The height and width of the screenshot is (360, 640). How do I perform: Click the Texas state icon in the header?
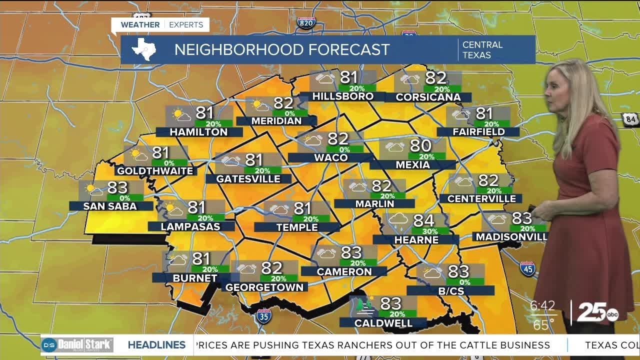143,49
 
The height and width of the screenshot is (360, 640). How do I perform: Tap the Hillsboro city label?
342,96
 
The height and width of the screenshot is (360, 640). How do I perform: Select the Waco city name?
330,157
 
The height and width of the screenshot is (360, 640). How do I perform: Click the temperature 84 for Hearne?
423,220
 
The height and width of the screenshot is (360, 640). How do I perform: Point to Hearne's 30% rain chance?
430,231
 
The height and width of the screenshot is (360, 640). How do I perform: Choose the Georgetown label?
264,287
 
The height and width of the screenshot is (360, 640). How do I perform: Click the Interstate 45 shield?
527,268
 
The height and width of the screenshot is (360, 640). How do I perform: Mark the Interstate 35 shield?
263,316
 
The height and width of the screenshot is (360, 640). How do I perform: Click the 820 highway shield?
306,22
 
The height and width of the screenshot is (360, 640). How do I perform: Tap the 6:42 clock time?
543,305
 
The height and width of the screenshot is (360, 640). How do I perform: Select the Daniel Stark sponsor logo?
77,344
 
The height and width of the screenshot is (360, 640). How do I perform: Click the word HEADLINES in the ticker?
156,345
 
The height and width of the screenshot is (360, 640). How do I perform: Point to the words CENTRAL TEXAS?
482,49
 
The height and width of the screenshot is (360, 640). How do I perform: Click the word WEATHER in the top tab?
140,24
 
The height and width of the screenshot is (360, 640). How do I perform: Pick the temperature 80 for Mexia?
420,145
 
